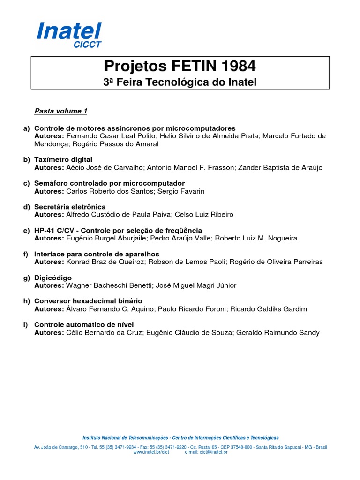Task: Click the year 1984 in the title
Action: coord(236,66)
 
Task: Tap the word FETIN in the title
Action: coord(182,66)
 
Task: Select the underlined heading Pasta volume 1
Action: coord(61,111)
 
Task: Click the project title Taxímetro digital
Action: coord(63,160)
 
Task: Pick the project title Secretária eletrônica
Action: coord(70,207)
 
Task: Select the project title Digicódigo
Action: coord(53,277)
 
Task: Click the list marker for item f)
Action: coord(26,254)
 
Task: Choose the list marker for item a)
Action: coord(26,128)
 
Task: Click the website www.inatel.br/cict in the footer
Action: coord(150,452)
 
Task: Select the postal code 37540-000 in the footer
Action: coord(242,447)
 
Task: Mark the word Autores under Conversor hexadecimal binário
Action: coord(49,309)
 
